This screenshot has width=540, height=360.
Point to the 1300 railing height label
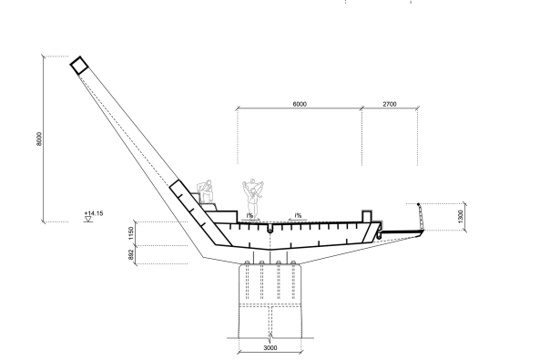pyautogui.click(x=462, y=217)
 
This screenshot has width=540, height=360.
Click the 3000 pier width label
pyautogui.click(x=270, y=347)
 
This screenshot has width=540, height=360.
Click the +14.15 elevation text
pyautogui.click(x=92, y=213)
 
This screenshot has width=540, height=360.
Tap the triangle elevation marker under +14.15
pyautogui.click(x=87, y=220)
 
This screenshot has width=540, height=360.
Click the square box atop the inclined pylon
pyautogui.click(x=79, y=65)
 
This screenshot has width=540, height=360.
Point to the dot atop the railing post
pyautogui.click(x=418, y=204)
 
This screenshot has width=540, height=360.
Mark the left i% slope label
pyautogui.click(x=249, y=216)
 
